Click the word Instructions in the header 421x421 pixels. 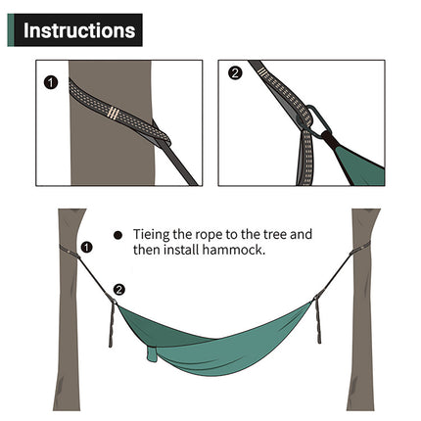click(x=78, y=30)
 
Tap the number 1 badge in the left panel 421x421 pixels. click(x=52, y=82)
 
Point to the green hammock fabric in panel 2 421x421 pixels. click(x=359, y=162)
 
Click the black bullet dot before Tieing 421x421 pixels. click(x=118, y=235)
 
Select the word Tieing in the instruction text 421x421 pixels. click(x=152, y=235)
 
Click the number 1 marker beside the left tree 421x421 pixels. click(x=86, y=248)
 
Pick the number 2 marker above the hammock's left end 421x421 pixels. click(x=119, y=290)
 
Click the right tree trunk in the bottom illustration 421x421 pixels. click(x=364, y=333)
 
